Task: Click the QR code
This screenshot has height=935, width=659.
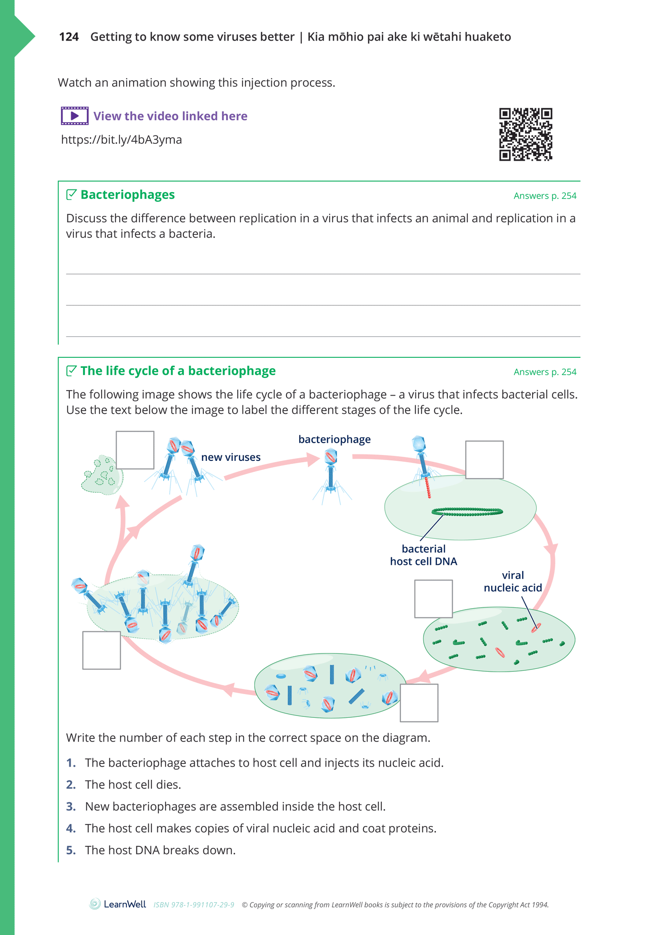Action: (525, 134)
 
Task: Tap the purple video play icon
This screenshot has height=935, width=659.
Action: (75, 116)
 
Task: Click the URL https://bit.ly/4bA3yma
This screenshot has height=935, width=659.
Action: (121, 140)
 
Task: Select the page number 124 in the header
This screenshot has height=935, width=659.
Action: (69, 37)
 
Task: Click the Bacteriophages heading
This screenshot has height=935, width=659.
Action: (127, 195)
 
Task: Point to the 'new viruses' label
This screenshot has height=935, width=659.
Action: (231, 457)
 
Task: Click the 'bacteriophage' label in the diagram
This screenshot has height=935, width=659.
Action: (334, 439)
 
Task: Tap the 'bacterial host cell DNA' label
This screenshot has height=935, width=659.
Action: (423, 555)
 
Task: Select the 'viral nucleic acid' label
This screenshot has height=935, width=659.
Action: (513, 581)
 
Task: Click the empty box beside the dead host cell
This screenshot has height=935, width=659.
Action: (135, 450)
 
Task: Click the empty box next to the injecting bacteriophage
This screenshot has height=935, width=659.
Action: (484, 460)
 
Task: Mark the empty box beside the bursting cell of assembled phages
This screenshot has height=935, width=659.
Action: (102, 650)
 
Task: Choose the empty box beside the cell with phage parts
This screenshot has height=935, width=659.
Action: (419, 703)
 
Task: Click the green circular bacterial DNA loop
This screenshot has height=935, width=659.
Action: (467, 512)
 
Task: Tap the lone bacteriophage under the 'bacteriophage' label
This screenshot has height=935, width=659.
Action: (331, 475)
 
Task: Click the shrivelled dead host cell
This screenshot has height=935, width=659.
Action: (101, 475)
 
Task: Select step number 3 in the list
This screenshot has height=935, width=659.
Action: (71, 806)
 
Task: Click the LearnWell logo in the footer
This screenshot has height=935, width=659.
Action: (118, 904)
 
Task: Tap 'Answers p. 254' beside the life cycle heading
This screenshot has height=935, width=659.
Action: (545, 372)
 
